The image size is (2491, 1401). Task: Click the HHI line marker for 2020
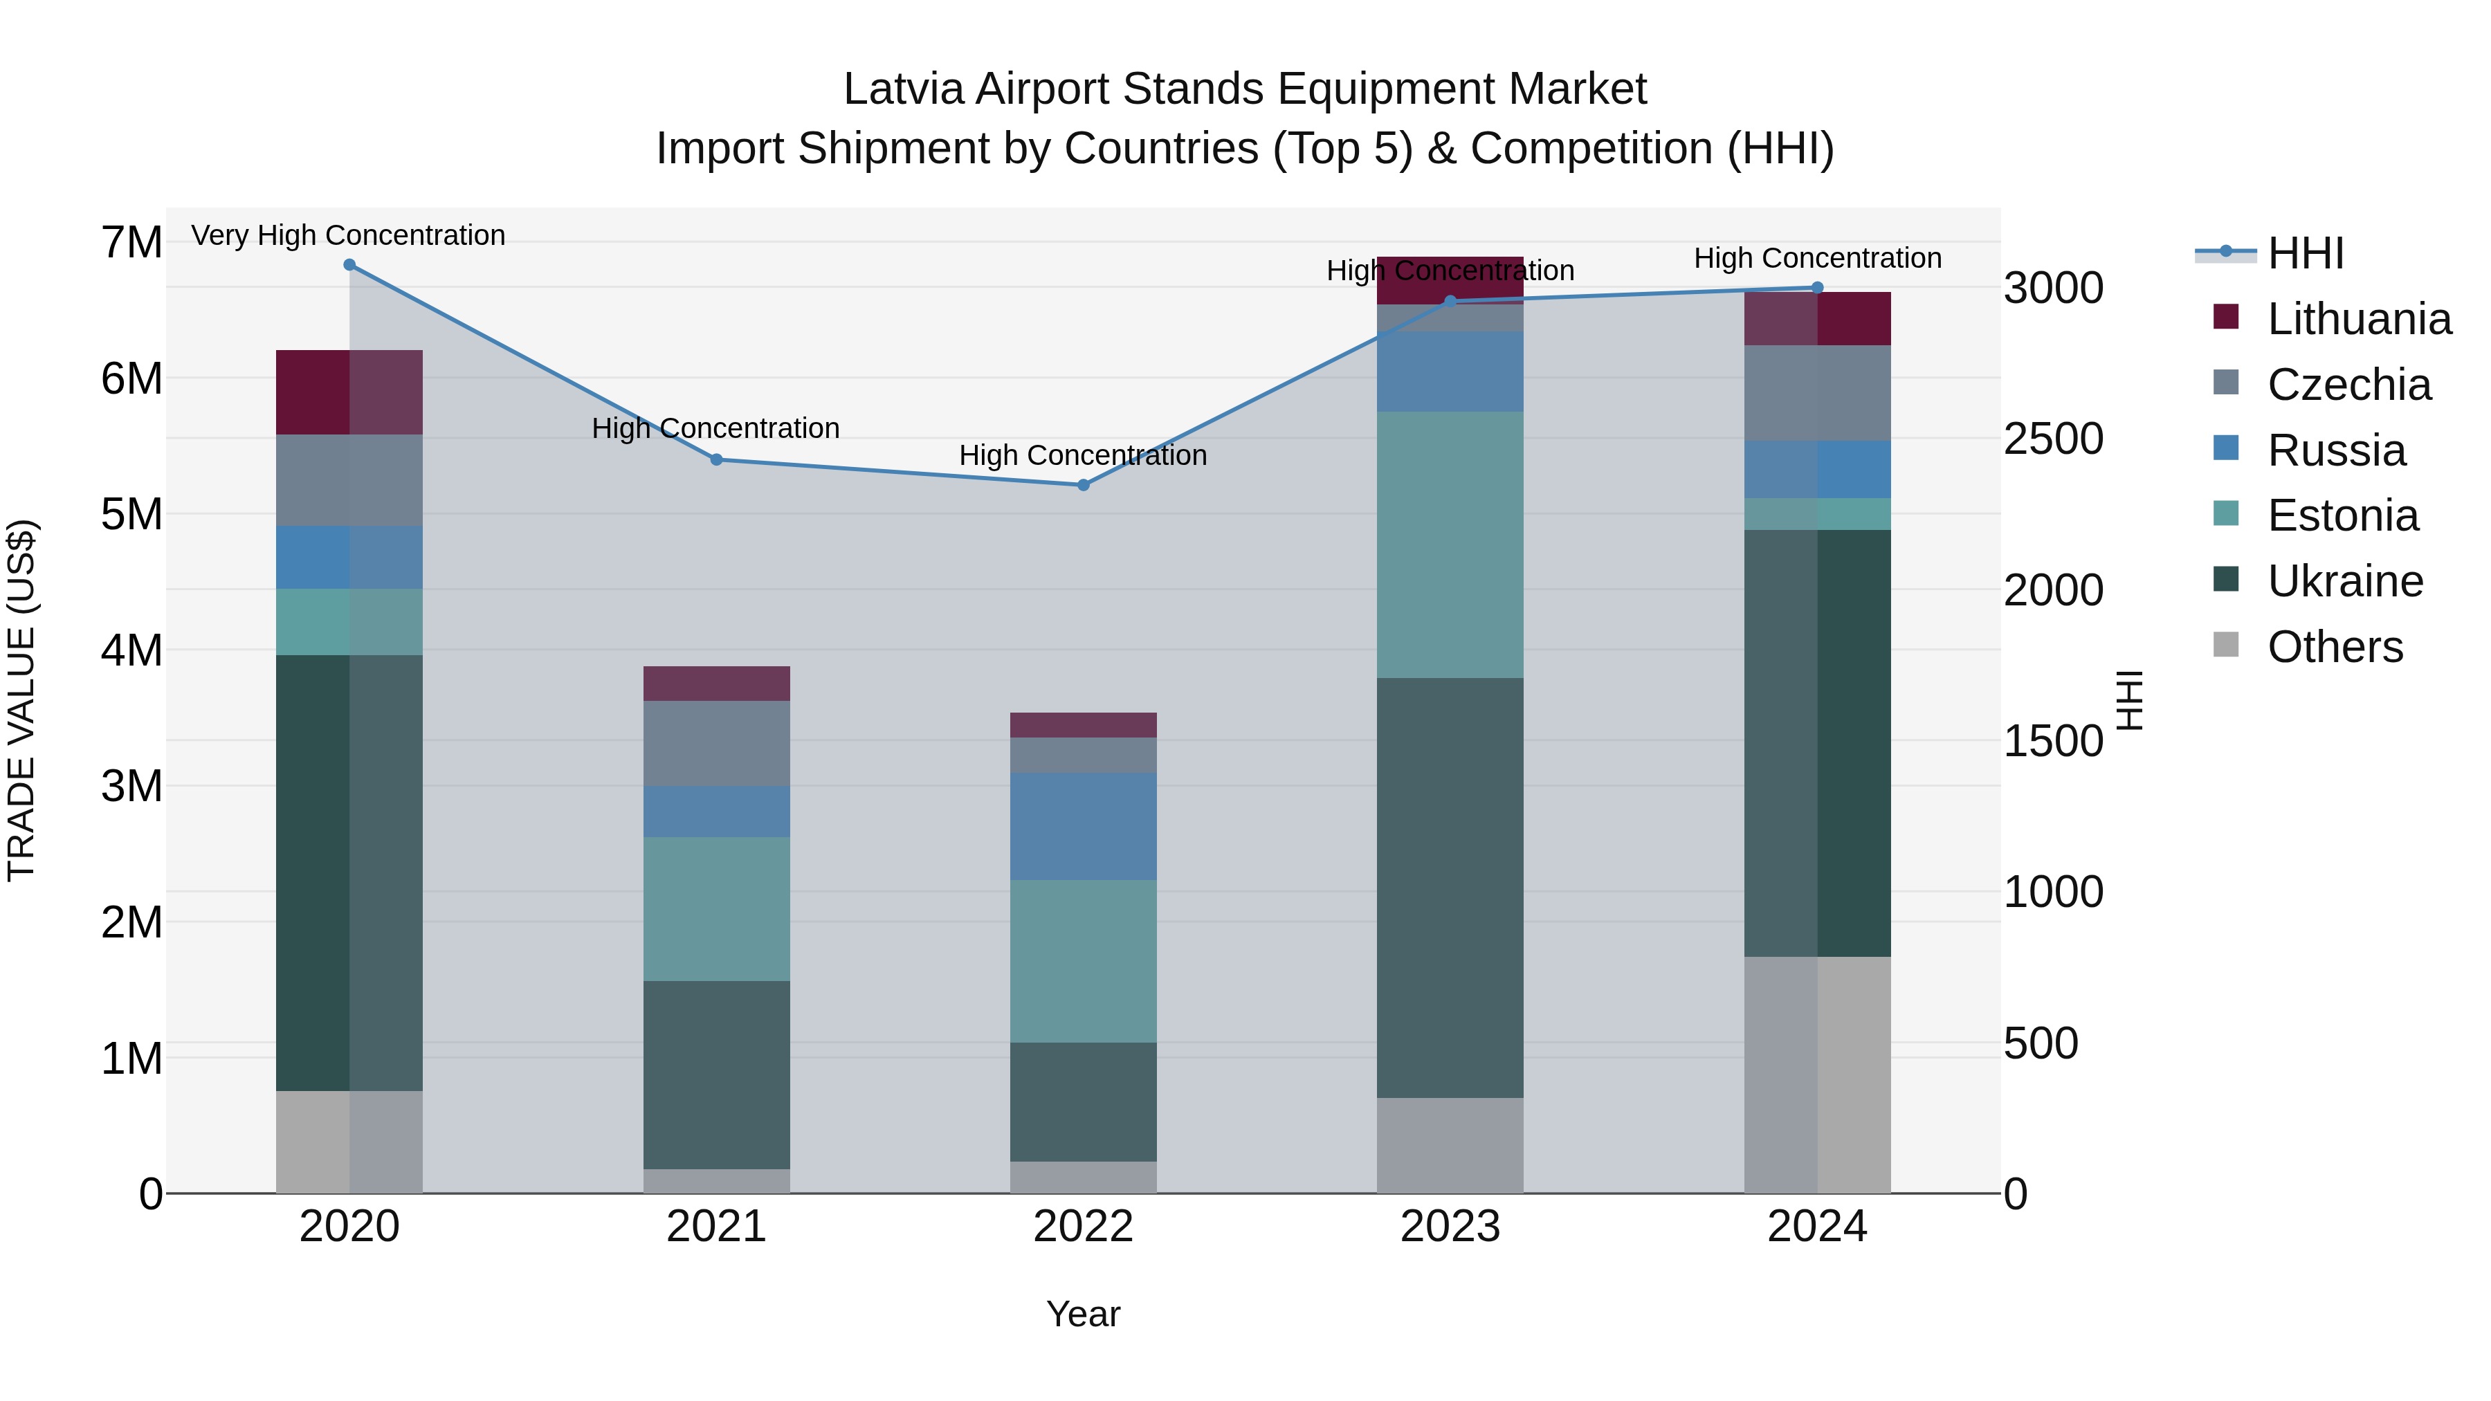(x=349, y=265)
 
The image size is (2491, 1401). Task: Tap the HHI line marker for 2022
(x=1083, y=486)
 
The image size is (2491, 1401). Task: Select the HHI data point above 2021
(x=717, y=460)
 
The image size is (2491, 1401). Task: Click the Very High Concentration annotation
(x=348, y=235)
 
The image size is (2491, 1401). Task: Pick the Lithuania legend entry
(x=2357, y=319)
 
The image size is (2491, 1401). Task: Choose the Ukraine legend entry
(x=2344, y=581)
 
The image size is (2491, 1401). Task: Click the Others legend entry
(x=2335, y=647)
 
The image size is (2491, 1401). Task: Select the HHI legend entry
(x=2304, y=253)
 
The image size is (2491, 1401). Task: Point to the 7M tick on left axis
(x=131, y=243)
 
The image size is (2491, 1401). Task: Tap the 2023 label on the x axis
(x=1450, y=1227)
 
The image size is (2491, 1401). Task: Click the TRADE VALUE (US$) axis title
(x=22, y=700)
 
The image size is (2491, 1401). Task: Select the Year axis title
(x=1083, y=1314)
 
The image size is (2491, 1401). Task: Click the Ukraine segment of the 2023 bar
(x=1450, y=887)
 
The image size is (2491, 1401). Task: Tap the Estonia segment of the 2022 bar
(x=1083, y=961)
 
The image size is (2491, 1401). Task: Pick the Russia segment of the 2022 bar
(x=1083, y=825)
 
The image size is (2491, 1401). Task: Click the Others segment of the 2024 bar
(x=1817, y=1074)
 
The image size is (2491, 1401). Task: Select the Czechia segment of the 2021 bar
(x=717, y=744)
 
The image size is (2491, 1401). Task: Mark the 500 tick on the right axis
(x=2041, y=1043)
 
